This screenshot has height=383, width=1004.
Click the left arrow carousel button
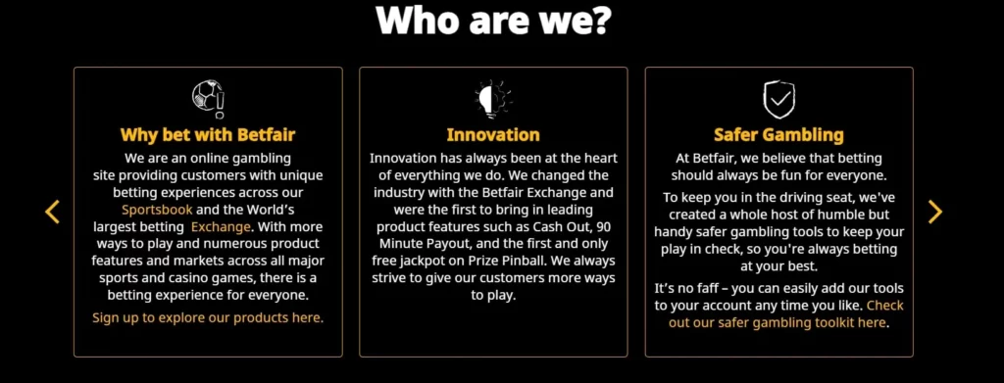[53, 211]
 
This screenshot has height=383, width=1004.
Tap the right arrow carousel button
[934, 211]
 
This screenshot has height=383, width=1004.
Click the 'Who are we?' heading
[501, 20]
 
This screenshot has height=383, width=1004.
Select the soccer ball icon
[207, 98]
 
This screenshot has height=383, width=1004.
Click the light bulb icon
[492, 98]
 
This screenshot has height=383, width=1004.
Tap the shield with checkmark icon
[778, 99]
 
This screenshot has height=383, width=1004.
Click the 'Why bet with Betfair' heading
[207, 134]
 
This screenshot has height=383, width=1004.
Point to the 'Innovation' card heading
[492, 134]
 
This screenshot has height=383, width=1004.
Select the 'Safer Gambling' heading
[778, 134]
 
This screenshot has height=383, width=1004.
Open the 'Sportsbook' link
[157, 211]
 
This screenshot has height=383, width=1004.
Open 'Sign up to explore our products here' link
[207, 317]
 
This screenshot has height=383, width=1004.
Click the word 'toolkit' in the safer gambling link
[824, 322]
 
